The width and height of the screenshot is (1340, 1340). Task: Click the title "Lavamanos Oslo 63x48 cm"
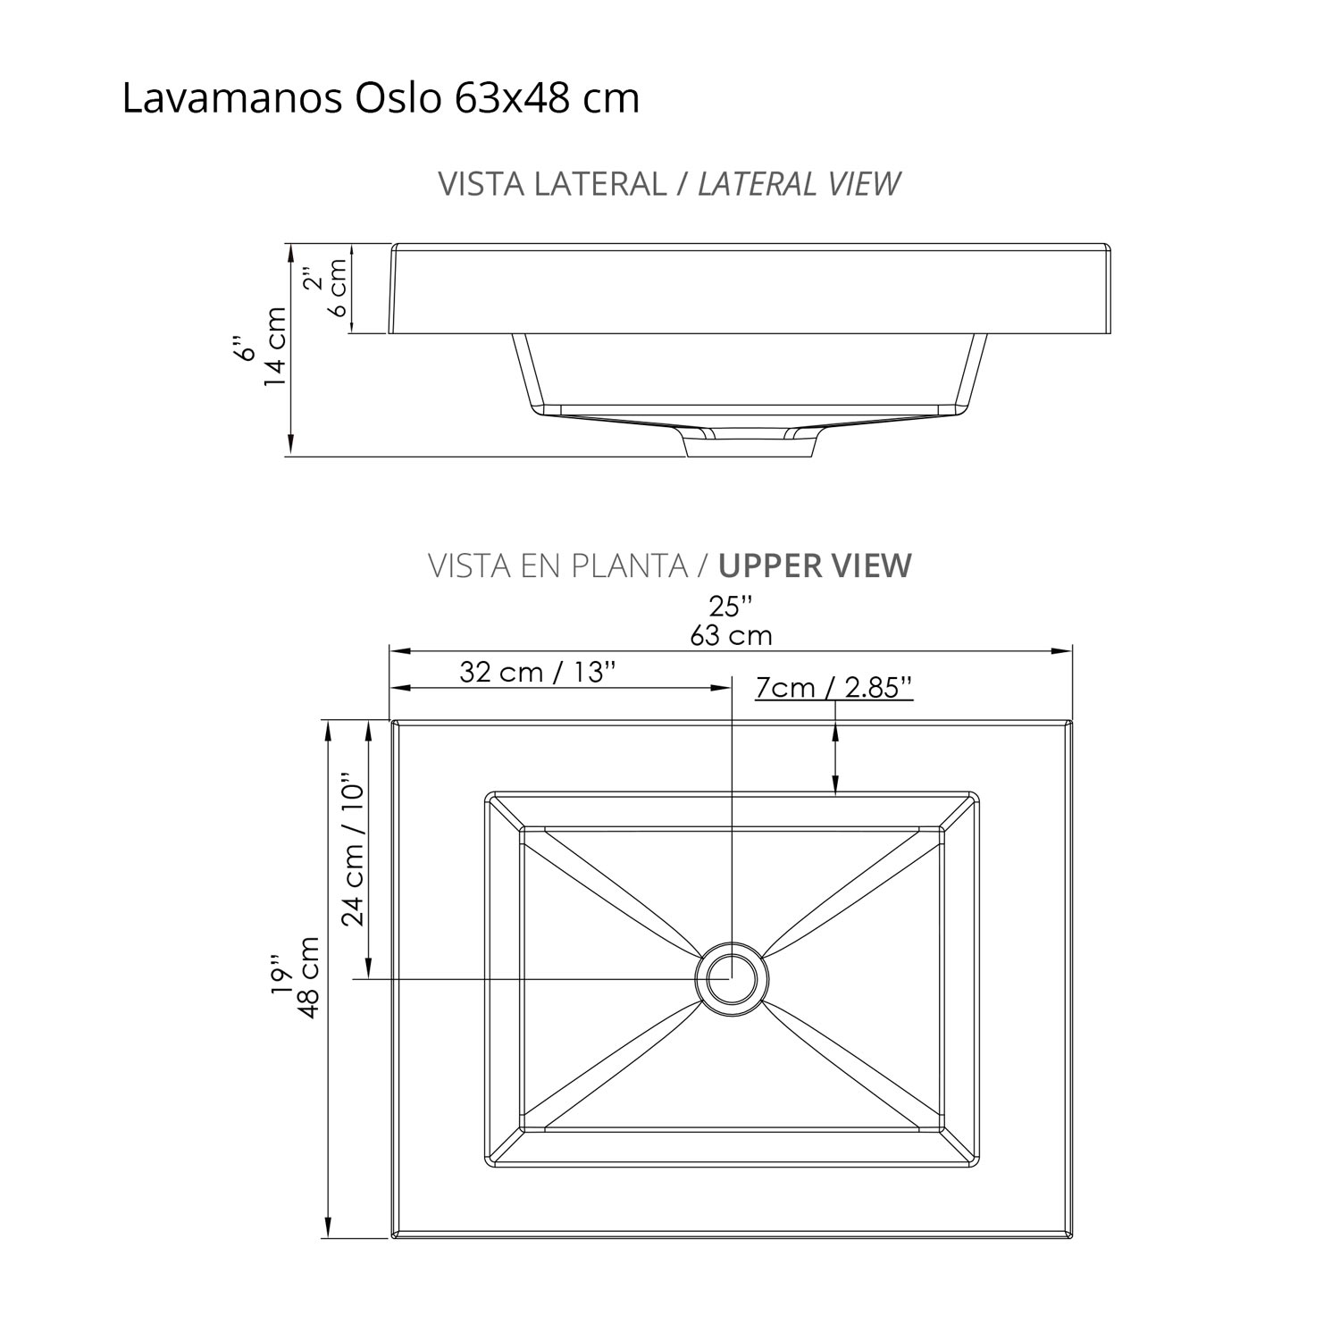tap(381, 99)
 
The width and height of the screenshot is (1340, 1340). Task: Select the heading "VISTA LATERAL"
tap(551, 184)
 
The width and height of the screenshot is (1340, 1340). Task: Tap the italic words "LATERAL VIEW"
tap(798, 184)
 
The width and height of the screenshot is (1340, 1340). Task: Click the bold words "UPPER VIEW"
tap(815, 566)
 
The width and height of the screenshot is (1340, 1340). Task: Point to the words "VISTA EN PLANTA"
tap(557, 566)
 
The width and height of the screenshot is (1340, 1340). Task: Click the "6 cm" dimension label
tap(338, 288)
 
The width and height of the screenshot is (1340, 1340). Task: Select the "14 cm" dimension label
tap(275, 347)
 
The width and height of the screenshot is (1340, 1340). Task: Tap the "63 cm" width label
tap(731, 636)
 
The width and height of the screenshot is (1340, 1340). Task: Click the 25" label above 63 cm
tap(731, 607)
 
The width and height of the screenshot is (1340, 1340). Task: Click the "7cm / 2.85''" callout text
tap(833, 688)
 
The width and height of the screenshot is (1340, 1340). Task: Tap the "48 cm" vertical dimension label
tap(310, 977)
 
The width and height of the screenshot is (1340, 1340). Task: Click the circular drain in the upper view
tap(732, 977)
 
